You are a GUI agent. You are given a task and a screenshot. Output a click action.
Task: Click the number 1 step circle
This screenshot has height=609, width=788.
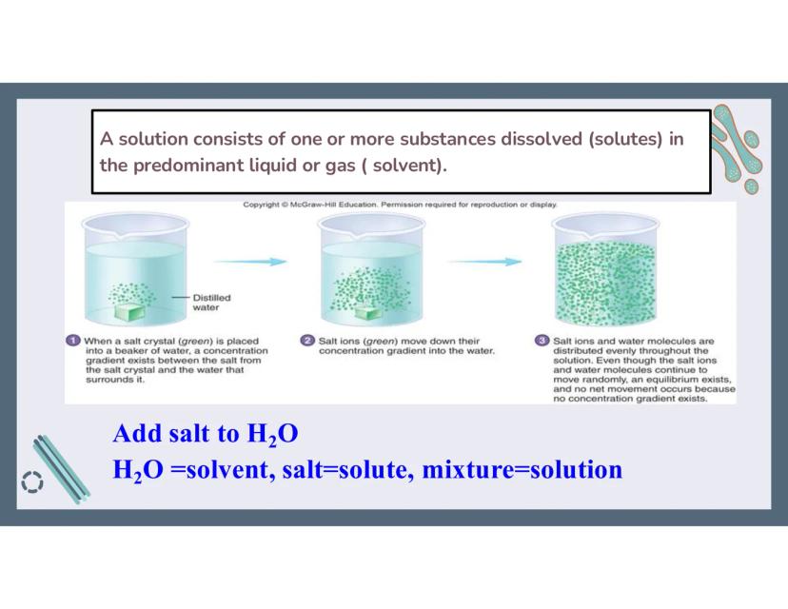click(x=73, y=340)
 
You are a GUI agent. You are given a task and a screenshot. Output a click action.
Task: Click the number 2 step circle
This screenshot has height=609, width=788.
click(x=307, y=340)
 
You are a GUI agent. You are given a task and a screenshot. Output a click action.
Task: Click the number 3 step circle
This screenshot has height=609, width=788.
click(x=542, y=340)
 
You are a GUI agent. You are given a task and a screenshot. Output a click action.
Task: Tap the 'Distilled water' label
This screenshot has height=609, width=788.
click(x=211, y=303)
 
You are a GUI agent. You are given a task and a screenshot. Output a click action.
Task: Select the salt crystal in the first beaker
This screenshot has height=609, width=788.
click(x=129, y=312)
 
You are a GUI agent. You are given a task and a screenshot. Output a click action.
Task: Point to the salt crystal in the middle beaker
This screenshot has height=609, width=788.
click(x=369, y=313)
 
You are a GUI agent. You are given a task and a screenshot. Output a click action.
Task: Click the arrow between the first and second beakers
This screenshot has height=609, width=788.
click(x=249, y=262)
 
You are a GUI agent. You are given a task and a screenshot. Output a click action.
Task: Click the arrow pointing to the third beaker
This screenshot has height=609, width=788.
click(x=484, y=262)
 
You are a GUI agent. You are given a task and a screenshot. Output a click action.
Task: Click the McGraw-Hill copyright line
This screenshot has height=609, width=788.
click(x=400, y=205)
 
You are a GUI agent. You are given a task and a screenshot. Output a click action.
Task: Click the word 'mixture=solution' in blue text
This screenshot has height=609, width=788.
click(x=522, y=469)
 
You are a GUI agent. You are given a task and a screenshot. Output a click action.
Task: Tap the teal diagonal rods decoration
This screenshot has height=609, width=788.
click(x=62, y=469)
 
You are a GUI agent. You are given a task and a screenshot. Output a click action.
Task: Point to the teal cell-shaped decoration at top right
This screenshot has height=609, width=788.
click(x=737, y=148)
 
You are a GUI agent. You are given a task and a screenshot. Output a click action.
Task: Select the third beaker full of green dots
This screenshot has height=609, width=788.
click(x=605, y=270)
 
